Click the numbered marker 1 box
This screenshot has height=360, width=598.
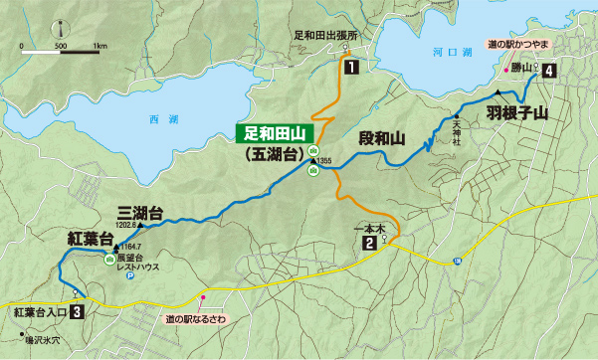[352, 69]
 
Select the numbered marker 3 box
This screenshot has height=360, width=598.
[77, 312]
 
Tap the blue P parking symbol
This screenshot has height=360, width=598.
[129, 278]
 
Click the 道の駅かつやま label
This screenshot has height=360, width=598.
[527, 45]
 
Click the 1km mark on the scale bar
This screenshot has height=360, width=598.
[100, 46]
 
